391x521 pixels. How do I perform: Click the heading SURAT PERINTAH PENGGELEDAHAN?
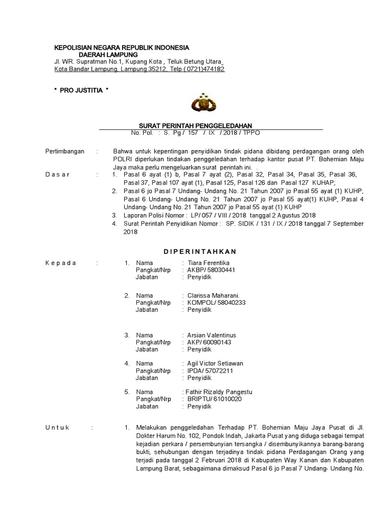(195, 126)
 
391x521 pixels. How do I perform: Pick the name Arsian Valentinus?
(212, 335)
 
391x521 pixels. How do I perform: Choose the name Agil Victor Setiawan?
(215, 363)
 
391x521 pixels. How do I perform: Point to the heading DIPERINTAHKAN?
(200, 251)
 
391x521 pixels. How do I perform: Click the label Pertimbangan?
(65, 152)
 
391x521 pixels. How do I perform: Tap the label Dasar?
(58, 174)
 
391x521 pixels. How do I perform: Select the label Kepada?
(61, 263)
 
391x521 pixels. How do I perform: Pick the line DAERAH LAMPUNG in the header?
(108, 54)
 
